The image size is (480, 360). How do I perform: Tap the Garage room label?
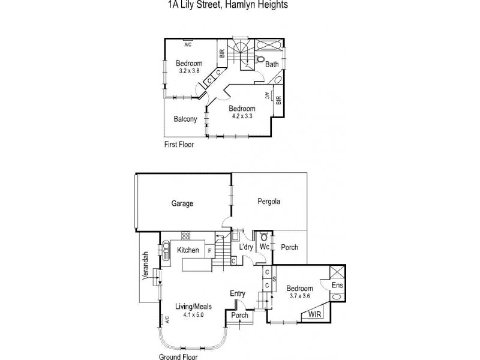click(x=182, y=203)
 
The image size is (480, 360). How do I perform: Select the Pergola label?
click(x=269, y=201)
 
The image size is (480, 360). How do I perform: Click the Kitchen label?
click(x=188, y=250)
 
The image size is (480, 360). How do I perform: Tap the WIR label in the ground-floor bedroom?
click(x=314, y=314)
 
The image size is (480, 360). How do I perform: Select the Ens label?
click(x=338, y=285)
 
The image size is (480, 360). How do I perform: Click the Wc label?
click(x=263, y=247)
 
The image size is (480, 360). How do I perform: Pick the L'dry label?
click(x=245, y=247)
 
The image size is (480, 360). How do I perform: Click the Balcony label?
click(x=185, y=119)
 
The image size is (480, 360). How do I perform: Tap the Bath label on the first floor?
click(x=272, y=64)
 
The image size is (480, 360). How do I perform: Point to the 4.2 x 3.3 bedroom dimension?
click(x=242, y=116)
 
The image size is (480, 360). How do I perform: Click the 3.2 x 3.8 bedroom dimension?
click(x=190, y=71)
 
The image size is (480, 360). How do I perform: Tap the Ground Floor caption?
click(x=178, y=356)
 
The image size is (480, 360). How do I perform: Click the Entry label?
click(x=238, y=293)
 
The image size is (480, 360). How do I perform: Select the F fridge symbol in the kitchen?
click(x=209, y=250)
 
